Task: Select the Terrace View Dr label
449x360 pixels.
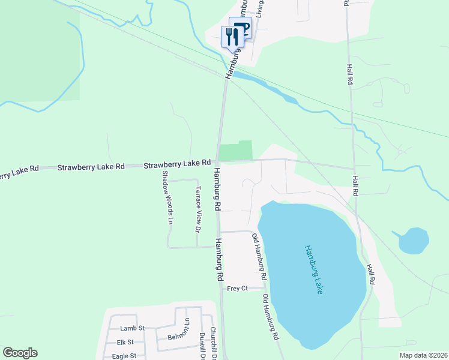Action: click(196, 208)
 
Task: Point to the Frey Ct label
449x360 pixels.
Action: click(237, 289)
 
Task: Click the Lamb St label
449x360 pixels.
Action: click(133, 328)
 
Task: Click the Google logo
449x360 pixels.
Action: click(20, 353)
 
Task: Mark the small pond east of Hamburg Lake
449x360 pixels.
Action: click(414, 240)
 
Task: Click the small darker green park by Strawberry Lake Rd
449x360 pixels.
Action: click(236, 151)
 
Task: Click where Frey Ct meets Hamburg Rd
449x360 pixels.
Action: click(221, 289)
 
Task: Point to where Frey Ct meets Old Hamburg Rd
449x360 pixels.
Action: click(265, 289)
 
